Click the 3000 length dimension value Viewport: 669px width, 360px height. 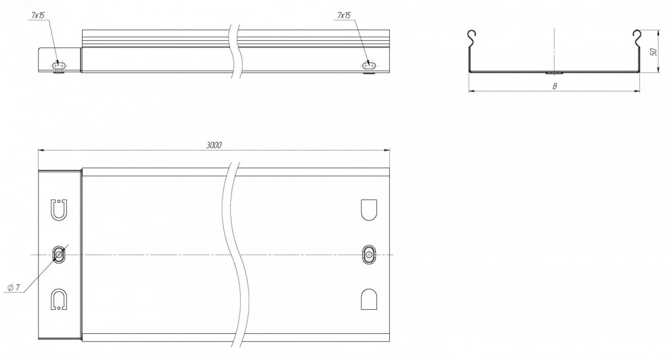coord(214,145)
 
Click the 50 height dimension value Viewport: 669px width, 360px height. coord(653,52)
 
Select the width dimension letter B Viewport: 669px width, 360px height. coord(555,86)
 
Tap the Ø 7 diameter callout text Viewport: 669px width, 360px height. coord(14,288)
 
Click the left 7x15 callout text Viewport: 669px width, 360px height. coord(38,15)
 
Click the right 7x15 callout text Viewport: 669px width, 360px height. coord(344,15)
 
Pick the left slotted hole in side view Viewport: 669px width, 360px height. coord(60,65)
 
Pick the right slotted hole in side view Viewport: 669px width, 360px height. coord(370,65)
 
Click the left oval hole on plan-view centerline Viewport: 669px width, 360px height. coord(59,255)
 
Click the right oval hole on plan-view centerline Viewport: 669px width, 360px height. coord(369,255)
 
